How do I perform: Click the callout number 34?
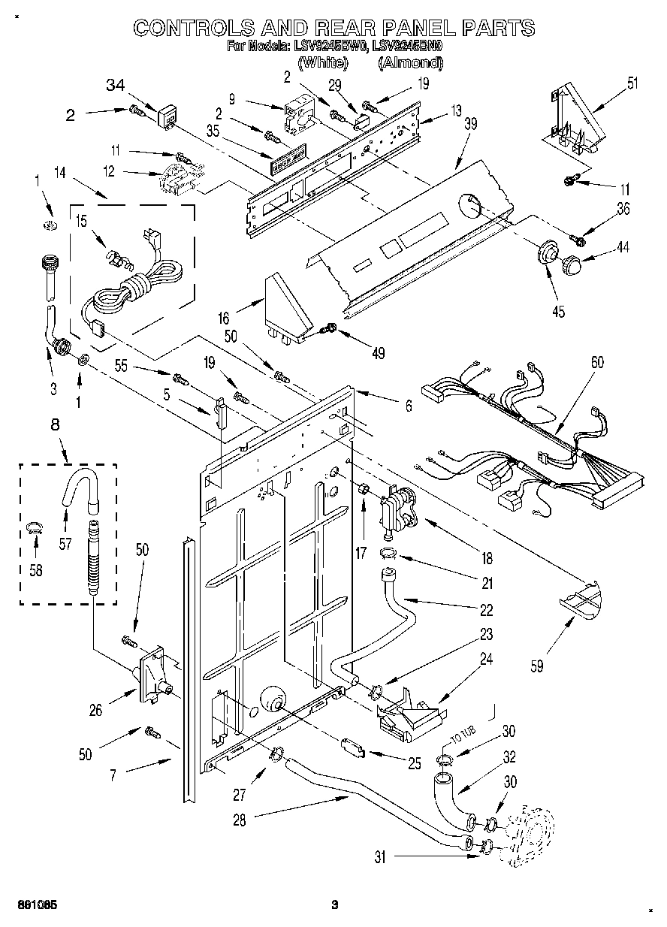(115, 85)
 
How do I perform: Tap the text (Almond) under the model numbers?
(410, 64)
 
